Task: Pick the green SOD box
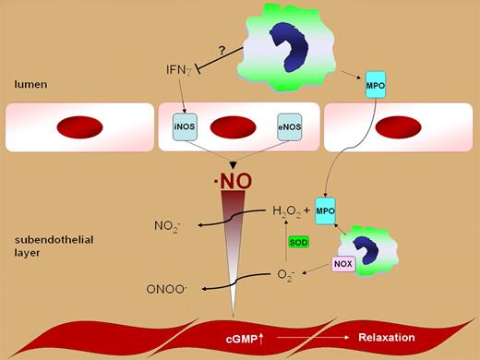point(298,242)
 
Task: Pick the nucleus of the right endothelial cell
point(399,126)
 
